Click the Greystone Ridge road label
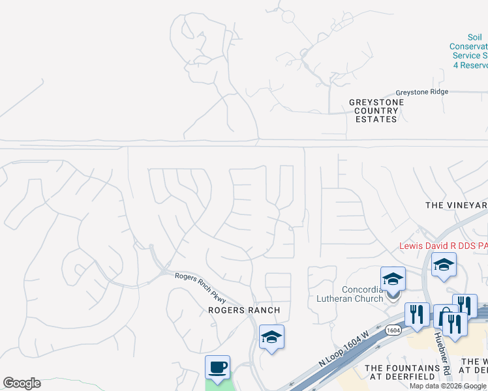pos(422,92)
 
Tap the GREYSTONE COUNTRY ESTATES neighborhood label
pos(376,111)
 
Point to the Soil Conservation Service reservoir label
pos(468,56)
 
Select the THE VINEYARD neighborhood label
pos(456,205)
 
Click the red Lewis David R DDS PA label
pos(443,246)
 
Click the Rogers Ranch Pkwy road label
pos(200,287)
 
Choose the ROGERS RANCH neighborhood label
pos(244,310)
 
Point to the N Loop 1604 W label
pos(343,356)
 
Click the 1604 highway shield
pos(393,330)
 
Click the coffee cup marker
pos(217,366)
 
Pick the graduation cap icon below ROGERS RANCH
pos(271,337)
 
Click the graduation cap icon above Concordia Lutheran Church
pos(393,279)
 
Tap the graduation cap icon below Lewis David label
pos(444,265)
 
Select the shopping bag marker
pos(446,317)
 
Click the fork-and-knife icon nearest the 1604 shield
pos(417,314)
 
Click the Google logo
pos(22,383)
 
